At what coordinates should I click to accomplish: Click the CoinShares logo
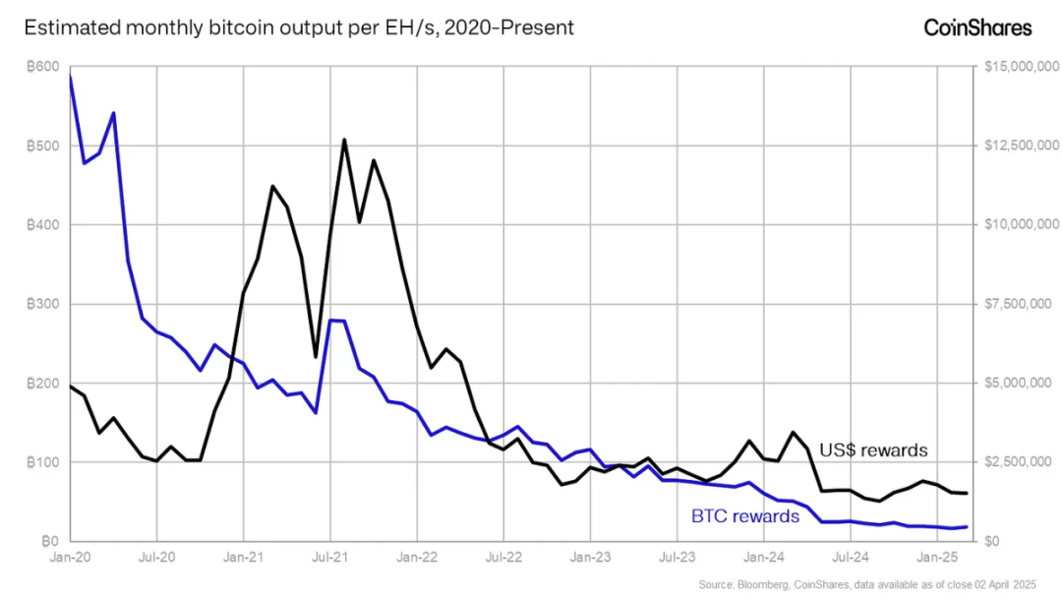pos(977,28)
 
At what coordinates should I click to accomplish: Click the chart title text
pos(299,28)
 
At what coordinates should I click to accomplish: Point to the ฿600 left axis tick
pos(45,67)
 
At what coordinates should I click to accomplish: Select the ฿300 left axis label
pos(45,304)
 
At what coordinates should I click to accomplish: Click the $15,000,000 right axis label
pos(1020,67)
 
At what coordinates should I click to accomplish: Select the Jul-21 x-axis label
pos(330,558)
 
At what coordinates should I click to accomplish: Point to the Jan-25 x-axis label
pos(937,558)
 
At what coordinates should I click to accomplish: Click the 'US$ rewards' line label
pos(873,450)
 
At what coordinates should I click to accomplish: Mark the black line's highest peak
pos(344,140)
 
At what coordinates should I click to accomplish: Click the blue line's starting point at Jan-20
pos(71,76)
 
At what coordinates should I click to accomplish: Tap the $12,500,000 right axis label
pos(1020,147)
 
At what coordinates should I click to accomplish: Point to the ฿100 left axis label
pos(45,462)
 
